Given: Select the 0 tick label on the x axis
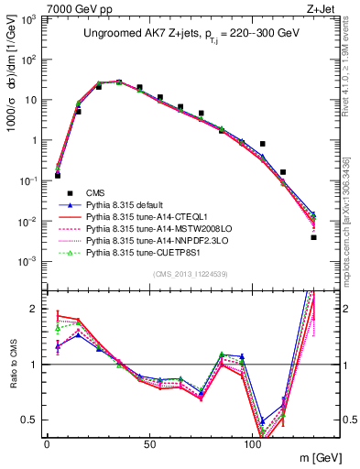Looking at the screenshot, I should [47, 443].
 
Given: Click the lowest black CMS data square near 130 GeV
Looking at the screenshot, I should [313, 237].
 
